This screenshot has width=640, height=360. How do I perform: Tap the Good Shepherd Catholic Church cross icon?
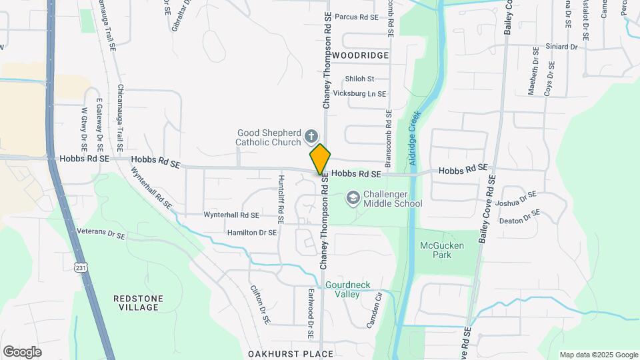click(x=311, y=137)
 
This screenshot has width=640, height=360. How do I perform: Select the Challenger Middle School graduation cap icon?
click(x=352, y=199)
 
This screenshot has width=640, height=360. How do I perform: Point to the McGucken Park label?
click(x=441, y=250)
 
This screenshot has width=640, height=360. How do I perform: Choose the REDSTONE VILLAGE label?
click(x=136, y=303)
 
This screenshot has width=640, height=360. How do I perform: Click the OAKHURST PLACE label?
click(x=290, y=353)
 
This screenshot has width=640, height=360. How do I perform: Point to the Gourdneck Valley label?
click(x=347, y=289)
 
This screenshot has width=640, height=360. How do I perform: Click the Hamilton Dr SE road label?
click(x=251, y=232)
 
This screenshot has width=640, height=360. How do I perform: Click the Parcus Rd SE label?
click(x=356, y=17)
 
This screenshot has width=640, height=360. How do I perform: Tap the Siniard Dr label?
click(x=561, y=47)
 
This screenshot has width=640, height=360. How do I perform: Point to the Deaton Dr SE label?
click(x=519, y=217)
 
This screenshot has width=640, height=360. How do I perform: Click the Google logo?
click(x=22, y=351)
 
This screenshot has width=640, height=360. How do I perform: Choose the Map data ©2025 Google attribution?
click(x=598, y=355)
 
